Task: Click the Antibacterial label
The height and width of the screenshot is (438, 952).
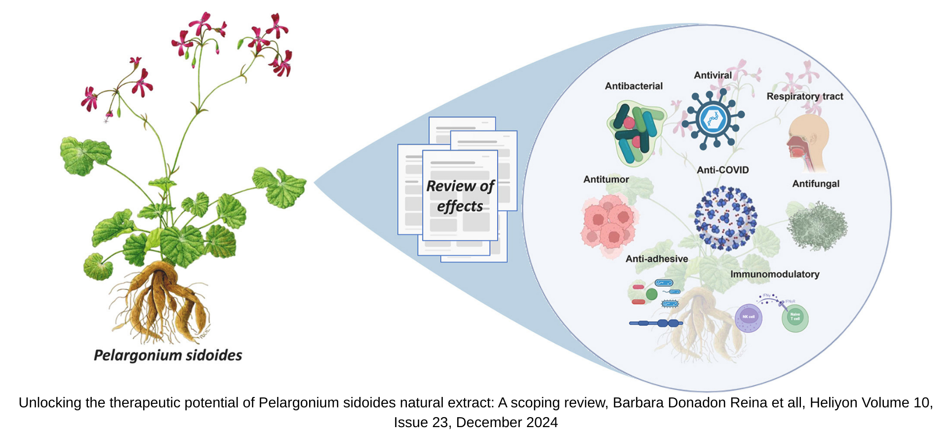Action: click(634, 86)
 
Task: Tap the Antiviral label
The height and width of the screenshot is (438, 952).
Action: click(713, 75)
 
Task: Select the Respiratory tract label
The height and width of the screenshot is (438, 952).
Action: click(804, 96)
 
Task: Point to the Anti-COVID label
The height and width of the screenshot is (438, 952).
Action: click(722, 170)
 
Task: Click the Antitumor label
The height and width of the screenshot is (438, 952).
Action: click(606, 179)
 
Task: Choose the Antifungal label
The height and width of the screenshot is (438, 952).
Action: click(816, 184)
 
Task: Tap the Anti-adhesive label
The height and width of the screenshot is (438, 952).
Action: click(656, 259)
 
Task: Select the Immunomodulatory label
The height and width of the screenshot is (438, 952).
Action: click(775, 274)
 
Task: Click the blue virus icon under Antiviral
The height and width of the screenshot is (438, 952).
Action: click(714, 120)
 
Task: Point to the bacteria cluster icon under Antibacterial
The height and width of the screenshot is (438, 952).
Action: click(636, 132)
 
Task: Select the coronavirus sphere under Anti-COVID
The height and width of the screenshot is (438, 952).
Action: click(725, 218)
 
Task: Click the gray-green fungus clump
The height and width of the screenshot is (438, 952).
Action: click(817, 226)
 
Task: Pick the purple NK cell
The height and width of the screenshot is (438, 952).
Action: click(749, 317)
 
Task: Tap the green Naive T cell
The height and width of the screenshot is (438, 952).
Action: click(795, 317)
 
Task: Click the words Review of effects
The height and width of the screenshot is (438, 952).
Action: click(460, 196)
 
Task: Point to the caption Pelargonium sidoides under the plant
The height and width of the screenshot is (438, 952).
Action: click(168, 355)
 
